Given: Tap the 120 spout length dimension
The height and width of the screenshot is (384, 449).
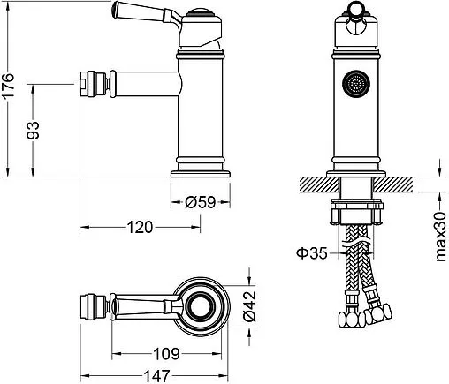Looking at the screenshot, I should [137, 227].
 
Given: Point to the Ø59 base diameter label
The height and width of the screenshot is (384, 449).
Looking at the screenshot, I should [202, 202].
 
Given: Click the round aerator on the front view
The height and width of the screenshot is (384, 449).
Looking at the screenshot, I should [356, 86].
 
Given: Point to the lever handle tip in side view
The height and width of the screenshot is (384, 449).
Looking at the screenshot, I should [116, 10].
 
